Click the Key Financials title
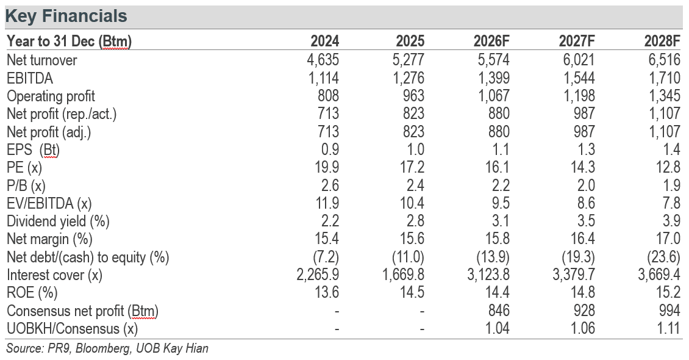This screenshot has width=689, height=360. (x=66, y=16)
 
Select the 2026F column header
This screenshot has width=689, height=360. (x=491, y=41)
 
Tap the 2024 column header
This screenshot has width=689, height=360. (x=325, y=41)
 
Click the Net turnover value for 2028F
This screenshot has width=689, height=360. (x=664, y=60)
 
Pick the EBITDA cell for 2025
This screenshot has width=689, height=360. (x=408, y=78)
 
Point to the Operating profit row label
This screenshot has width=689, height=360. (x=51, y=96)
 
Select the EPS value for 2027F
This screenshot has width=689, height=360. (x=586, y=149)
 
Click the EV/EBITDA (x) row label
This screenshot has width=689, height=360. (x=49, y=204)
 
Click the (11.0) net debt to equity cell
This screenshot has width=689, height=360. (x=408, y=257)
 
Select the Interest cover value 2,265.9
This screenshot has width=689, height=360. (x=318, y=275)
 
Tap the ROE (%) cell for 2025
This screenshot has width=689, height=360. (x=412, y=292)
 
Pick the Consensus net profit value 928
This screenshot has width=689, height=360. (x=584, y=311)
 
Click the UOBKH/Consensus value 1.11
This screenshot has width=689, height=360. (x=669, y=328)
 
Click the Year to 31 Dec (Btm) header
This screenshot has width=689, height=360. (x=70, y=41)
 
